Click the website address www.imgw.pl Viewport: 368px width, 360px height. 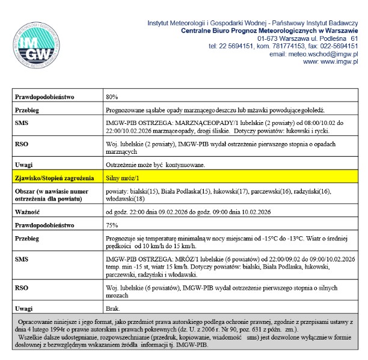(330, 61)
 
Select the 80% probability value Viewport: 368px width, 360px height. (112, 96)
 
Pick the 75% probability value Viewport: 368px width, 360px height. (112, 225)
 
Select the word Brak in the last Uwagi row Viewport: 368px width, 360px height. (112, 308)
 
